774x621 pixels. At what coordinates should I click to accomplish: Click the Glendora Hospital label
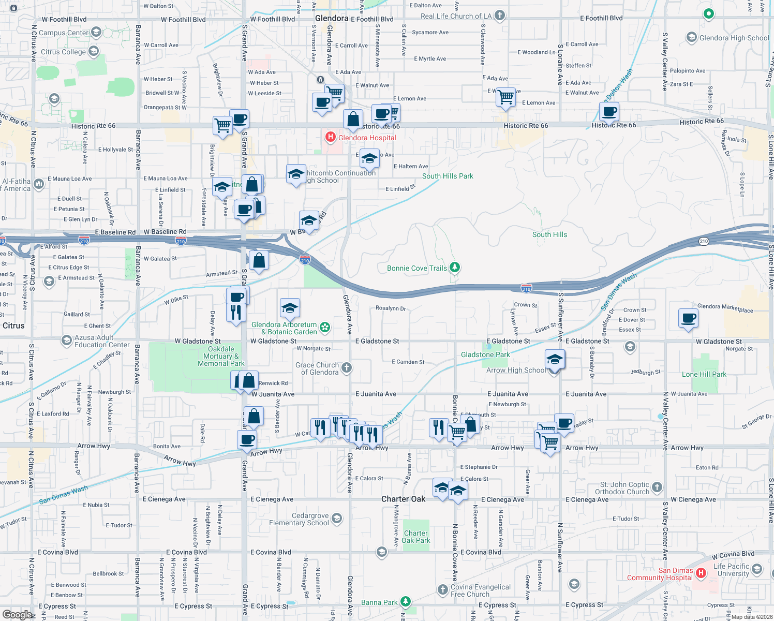click(x=367, y=138)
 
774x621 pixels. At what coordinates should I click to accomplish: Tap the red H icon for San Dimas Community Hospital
click(x=701, y=573)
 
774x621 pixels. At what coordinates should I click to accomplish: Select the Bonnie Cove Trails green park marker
click(x=455, y=268)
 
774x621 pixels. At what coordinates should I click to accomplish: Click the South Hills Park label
click(x=448, y=176)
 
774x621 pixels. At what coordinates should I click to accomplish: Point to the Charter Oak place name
click(x=403, y=499)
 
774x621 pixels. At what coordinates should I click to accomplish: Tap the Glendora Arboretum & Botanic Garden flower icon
click(x=325, y=327)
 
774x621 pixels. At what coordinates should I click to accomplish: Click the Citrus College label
click(x=63, y=52)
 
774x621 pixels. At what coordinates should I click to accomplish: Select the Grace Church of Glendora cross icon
click(x=347, y=367)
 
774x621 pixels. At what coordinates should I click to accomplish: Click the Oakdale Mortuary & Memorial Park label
click(x=221, y=356)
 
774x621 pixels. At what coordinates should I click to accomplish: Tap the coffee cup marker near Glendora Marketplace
click(x=689, y=318)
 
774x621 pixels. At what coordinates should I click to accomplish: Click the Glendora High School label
click(x=734, y=38)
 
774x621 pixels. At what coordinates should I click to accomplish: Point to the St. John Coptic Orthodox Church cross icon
click(x=657, y=487)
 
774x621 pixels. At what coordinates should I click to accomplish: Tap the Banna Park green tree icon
click(x=406, y=601)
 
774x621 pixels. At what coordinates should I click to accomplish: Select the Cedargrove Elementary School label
click(x=299, y=519)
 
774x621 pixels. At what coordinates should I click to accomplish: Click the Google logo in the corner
click(x=17, y=614)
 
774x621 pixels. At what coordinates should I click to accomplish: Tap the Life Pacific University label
click(x=731, y=570)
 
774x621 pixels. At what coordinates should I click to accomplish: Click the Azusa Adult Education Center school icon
click(x=66, y=340)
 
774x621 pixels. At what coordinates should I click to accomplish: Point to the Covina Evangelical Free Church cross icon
click(x=442, y=589)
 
